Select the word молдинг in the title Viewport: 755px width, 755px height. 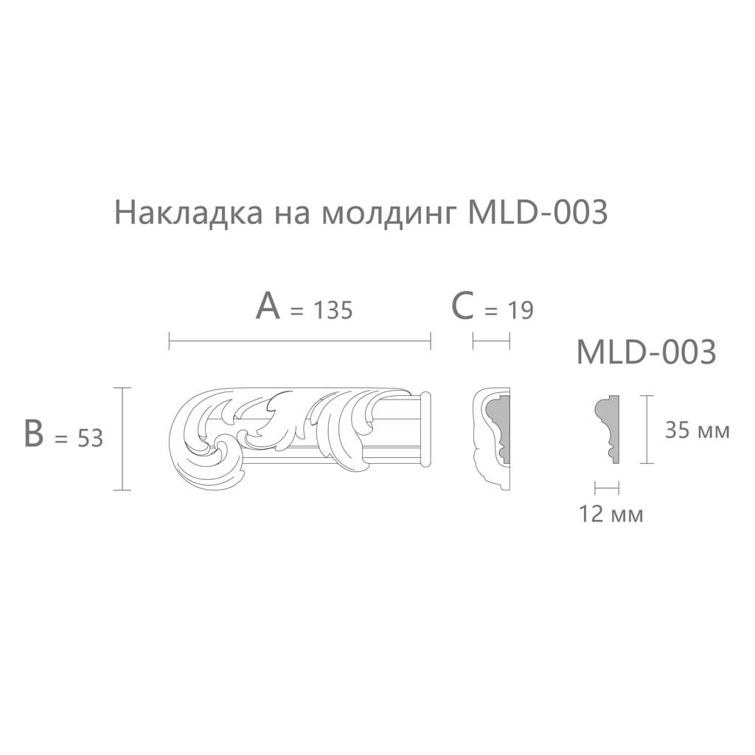389,215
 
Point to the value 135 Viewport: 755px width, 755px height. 333,310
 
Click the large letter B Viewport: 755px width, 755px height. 34,433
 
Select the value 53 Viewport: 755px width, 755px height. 90,438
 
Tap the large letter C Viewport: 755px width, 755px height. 463,307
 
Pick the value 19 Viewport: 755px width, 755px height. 521,310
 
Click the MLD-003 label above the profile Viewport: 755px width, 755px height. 646,352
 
